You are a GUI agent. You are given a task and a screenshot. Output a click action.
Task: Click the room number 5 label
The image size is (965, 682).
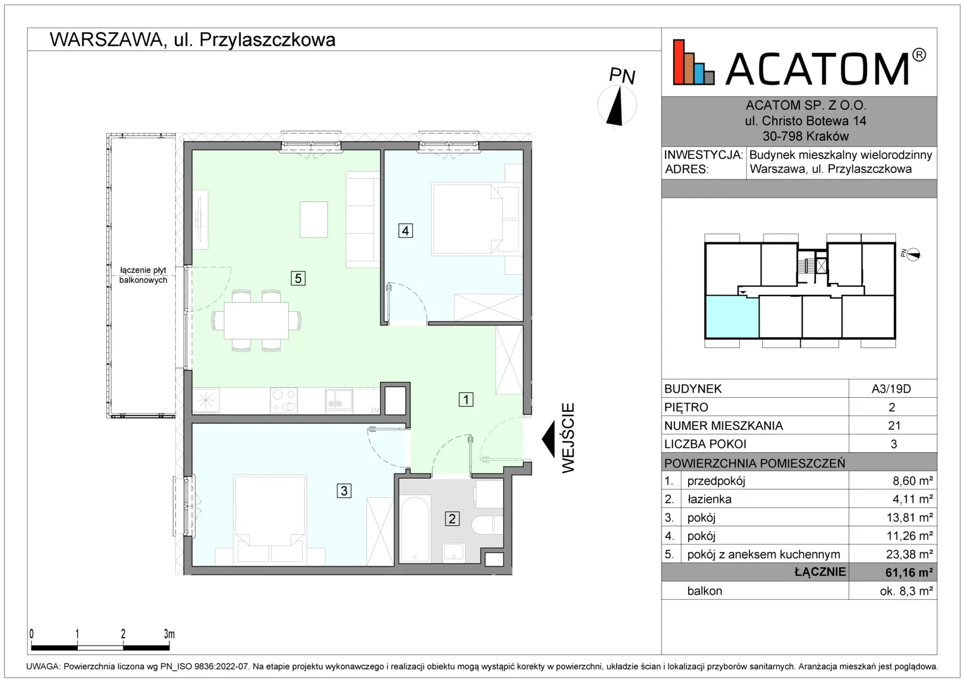(298, 278)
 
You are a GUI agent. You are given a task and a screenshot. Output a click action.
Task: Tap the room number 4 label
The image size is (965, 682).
(405, 230)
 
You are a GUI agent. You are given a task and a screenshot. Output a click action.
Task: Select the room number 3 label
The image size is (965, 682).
(344, 491)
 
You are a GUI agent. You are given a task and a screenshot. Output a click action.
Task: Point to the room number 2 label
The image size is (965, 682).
(452, 519)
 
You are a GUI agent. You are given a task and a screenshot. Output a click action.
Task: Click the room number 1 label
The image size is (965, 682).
(466, 399)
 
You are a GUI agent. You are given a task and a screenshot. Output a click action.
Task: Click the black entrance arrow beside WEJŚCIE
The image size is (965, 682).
(549, 439)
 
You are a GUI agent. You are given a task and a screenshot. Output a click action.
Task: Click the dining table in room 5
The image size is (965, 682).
(257, 321)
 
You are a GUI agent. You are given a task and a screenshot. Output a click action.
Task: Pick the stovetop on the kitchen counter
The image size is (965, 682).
(284, 400)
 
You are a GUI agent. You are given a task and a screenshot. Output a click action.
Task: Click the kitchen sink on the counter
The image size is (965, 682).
(339, 400)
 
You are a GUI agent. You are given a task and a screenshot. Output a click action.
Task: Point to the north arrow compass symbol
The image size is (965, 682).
(617, 105)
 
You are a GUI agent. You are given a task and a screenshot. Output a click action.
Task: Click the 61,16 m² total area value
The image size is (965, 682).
(909, 572)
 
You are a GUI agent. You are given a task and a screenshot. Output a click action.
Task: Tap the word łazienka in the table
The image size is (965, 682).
(709, 499)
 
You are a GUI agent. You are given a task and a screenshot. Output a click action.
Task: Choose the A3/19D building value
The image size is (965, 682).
(891, 389)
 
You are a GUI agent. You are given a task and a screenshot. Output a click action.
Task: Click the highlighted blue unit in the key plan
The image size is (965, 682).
(732, 316)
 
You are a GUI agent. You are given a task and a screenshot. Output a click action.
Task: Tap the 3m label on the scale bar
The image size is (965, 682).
(169, 634)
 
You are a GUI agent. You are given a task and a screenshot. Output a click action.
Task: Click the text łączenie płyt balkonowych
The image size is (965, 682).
(143, 275)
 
